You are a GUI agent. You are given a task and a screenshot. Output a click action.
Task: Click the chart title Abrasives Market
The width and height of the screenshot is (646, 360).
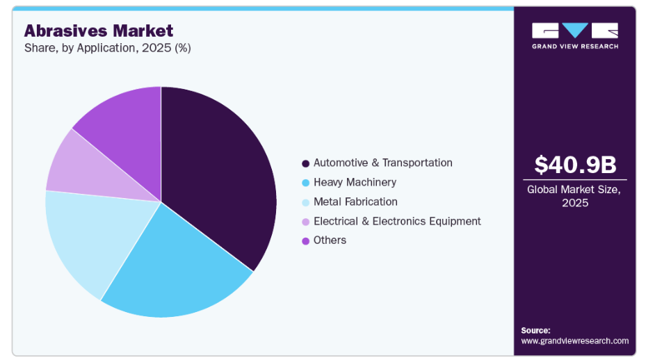99,31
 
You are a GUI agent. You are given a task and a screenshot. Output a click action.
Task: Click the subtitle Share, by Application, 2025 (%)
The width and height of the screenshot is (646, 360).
108,48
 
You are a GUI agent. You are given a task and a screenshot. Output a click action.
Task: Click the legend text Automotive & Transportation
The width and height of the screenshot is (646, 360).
382,163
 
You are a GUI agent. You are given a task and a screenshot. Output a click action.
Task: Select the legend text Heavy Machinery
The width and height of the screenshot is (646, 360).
355,182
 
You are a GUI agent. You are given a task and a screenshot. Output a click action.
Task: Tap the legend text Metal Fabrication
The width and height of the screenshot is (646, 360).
355,202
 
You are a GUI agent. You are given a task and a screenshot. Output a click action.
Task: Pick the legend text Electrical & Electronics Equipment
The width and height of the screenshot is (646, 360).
397,221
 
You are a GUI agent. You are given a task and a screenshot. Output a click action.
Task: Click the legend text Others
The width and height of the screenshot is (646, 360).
330,240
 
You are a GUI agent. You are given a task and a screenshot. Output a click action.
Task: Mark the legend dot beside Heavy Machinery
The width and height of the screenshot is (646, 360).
305,183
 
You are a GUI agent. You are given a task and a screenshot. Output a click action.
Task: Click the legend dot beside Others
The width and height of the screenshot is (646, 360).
305,240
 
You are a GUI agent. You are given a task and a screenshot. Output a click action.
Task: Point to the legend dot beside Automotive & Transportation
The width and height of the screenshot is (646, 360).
305,163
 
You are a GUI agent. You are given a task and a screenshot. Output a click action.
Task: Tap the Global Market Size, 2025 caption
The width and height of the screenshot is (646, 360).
575,195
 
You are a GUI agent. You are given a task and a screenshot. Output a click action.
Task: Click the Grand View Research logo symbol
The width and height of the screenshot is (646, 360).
575,31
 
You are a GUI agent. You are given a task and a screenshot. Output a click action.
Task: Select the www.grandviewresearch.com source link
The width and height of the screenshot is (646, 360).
574,341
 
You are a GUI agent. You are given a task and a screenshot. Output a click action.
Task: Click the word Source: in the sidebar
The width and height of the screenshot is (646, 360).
535,330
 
